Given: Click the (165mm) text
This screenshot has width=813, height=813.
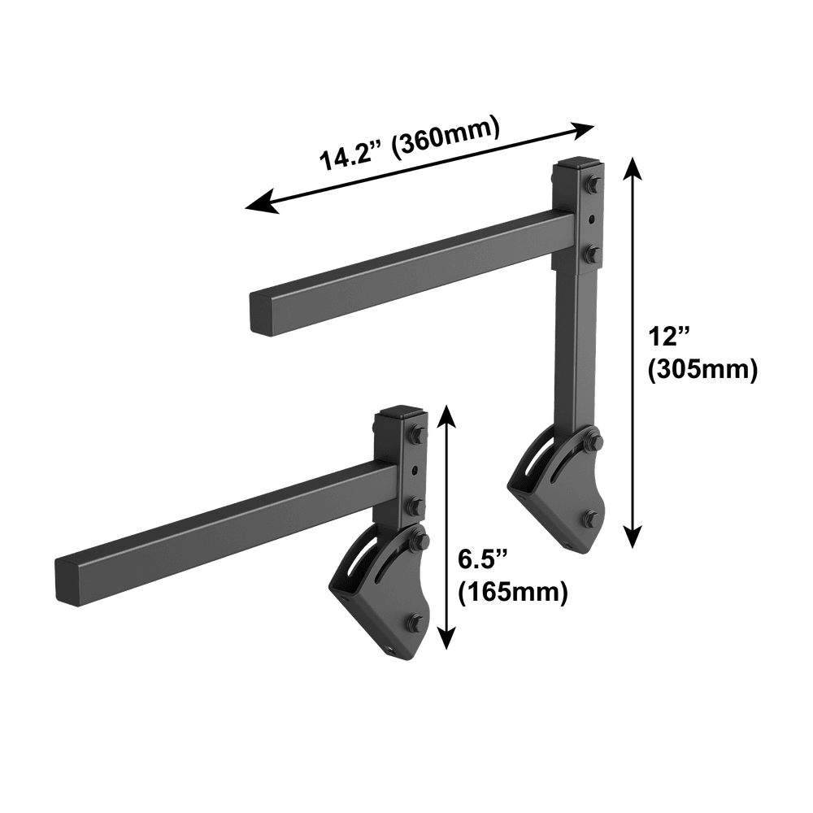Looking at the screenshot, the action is pos(513,593).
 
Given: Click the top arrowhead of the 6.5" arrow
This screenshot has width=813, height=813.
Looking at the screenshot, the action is pos(446,417).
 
